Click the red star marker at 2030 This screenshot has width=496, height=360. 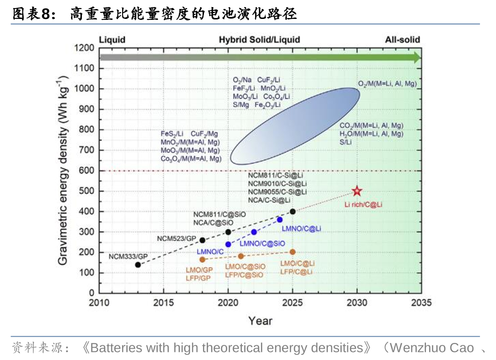tap(357, 191)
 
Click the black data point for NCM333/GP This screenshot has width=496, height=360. tap(138, 265)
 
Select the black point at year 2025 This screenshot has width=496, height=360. tap(292, 212)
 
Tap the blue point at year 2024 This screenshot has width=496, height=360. tap(280, 220)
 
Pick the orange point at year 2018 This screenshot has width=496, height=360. tap(202, 260)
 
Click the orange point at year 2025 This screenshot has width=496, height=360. tap(292, 252)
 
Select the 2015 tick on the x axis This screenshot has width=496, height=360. tap(163, 303)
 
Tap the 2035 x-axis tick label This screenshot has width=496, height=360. tap(421, 303)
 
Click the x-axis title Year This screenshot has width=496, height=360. tap(260, 321)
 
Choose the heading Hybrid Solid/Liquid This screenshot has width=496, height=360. tap(259, 40)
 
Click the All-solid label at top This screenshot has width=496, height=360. tap(402, 40)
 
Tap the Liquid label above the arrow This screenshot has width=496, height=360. tap(112, 40)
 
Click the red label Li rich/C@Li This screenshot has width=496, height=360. tap(363, 204)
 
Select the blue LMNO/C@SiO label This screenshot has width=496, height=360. tap(262, 243)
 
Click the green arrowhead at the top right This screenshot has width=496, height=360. tap(416, 58)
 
